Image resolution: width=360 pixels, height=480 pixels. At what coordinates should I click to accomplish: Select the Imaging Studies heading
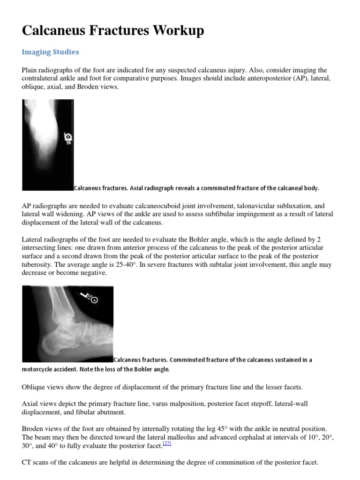point(51,52)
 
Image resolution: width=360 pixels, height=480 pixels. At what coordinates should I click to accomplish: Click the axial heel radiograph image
point(48,144)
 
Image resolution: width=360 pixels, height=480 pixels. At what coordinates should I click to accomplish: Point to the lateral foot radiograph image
point(67,324)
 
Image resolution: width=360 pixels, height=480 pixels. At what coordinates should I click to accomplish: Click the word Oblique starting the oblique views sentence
point(34,387)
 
